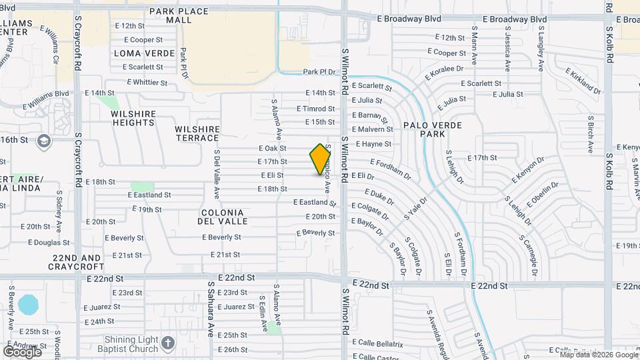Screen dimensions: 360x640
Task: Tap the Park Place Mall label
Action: tap(170, 15)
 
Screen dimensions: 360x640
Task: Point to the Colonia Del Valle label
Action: tap(221, 217)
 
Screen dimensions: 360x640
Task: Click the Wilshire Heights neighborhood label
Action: tap(133, 118)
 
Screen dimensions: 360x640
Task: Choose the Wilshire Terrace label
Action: tap(197, 133)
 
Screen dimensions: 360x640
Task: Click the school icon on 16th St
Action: tap(44, 140)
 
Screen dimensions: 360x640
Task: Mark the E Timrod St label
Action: tap(315, 109)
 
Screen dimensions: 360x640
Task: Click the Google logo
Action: tap(22, 351)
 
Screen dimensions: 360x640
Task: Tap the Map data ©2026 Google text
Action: tap(598, 355)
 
